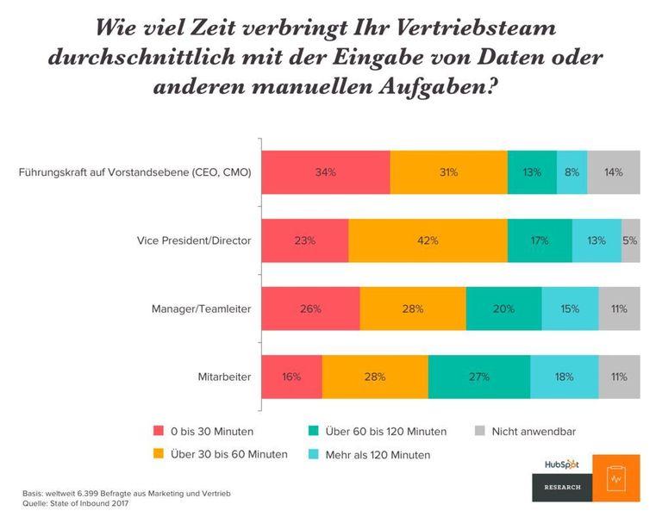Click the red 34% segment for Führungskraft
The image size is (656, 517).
click(325, 171)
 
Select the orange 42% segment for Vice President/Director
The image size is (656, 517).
click(428, 240)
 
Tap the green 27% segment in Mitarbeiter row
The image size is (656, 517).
click(478, 377)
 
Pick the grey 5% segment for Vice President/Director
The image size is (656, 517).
click(630, 240)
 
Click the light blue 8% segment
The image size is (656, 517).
click(572, 171)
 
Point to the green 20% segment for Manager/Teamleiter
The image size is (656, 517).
click(503, 308)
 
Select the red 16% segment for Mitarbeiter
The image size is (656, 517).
click(291, 377)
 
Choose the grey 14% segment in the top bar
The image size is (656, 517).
click(614, 171)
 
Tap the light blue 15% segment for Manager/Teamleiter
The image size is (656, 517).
click(570, 308)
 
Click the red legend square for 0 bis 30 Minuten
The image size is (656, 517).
click(159, 431)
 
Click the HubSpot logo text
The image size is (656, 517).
click(561, 464)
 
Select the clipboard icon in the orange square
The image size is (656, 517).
click(615, 477)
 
